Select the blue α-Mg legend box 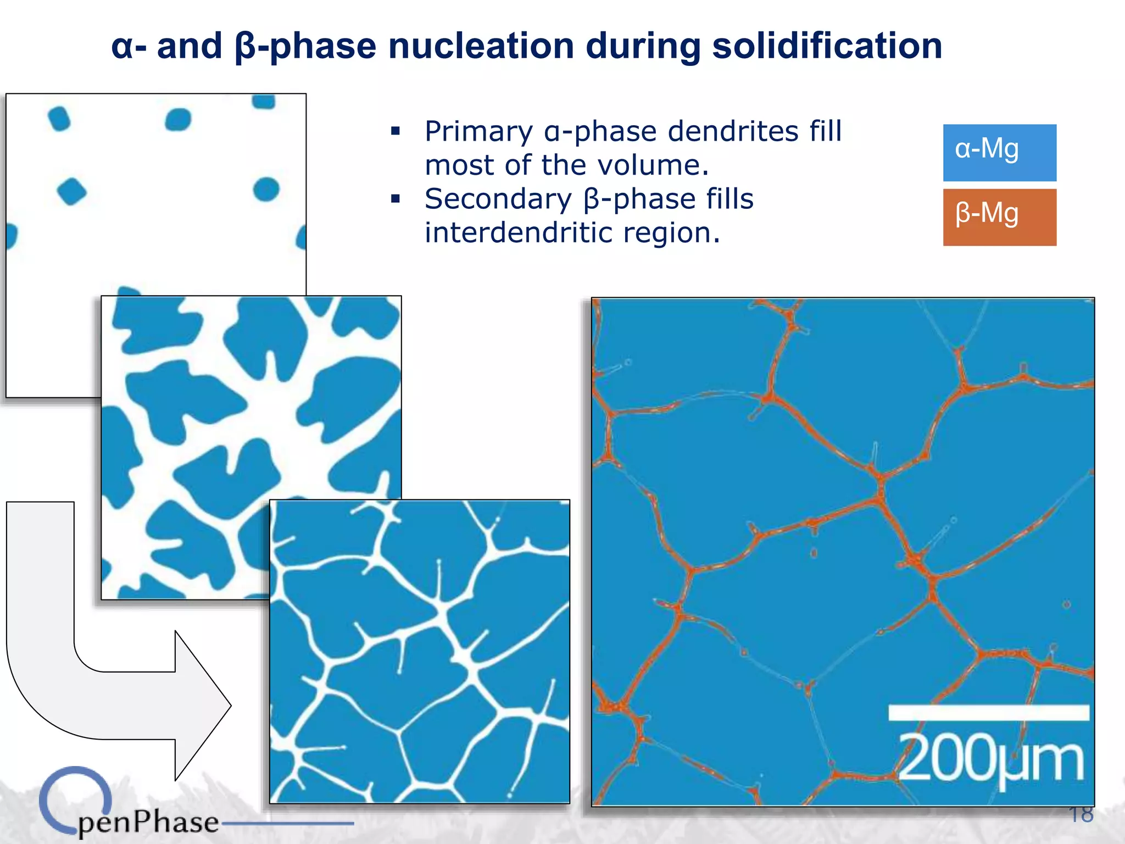tap(999, 153)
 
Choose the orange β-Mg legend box tap(999, 217)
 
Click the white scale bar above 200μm tap(988, 712)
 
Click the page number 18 tap(1081, 814)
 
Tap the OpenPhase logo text tap(148, 821)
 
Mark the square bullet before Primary tap(396, 131)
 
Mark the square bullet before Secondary tap(396, 199)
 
